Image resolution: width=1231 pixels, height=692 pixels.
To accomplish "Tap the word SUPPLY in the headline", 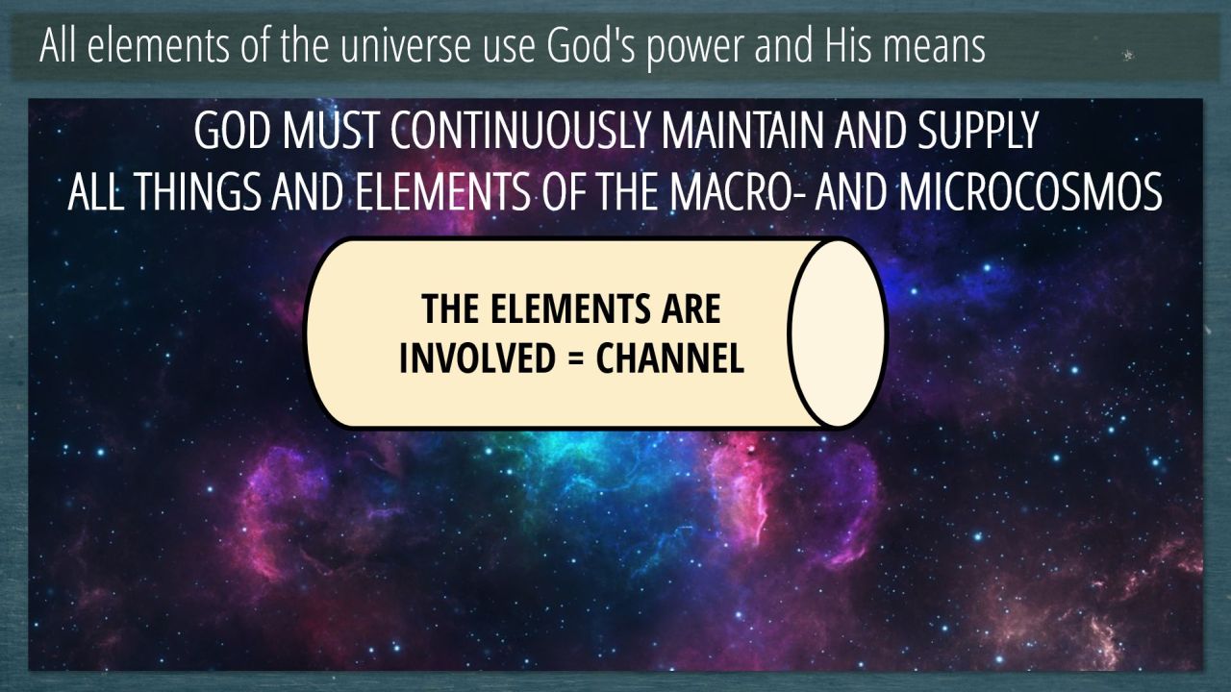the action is tap(977, 131).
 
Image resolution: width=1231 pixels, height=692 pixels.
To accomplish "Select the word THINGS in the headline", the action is tap(197, 191).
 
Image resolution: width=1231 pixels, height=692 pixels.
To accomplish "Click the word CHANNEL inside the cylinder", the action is tap(670, 358).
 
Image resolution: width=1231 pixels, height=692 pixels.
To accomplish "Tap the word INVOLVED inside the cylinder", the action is tap(477, 358).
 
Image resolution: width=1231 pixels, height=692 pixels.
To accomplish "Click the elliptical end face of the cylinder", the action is tap(837, 333).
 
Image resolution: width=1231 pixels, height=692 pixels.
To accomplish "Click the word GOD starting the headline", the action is tap(233, 131).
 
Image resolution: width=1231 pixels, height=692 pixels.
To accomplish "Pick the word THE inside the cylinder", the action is tap(450, 309).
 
